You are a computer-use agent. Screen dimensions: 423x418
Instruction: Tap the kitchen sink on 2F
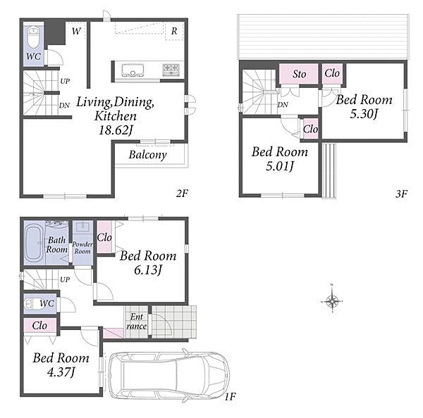point(133,70)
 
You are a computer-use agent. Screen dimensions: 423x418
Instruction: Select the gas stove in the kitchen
point(171,70)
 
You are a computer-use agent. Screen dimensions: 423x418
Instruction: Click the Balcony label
point(147,155)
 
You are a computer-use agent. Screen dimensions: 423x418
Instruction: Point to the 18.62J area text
point(116,130)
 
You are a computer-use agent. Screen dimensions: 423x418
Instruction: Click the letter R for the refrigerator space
point(174,31)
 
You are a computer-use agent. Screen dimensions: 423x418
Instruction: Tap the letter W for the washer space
point(76,31)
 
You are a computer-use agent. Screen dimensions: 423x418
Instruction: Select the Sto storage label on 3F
point(299,74)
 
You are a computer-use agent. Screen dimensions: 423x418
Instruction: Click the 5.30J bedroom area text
point(364,114)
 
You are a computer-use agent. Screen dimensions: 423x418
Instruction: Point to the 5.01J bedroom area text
point(279,166)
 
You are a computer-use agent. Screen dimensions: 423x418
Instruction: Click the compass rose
point(332,301)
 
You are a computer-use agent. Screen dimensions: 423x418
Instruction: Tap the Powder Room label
point(82,248)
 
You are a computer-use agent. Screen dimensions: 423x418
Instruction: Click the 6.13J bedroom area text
point(148,270)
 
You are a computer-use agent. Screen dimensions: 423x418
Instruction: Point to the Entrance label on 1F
point(137,322)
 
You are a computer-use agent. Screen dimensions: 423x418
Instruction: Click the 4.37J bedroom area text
point(61,372)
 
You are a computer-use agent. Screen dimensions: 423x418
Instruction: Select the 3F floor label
point(401,194)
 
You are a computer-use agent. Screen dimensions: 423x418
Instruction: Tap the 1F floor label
point(230,396)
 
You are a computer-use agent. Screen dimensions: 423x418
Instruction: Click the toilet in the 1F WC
point(32,304)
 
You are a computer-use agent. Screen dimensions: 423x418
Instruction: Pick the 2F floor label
point(182,193)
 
